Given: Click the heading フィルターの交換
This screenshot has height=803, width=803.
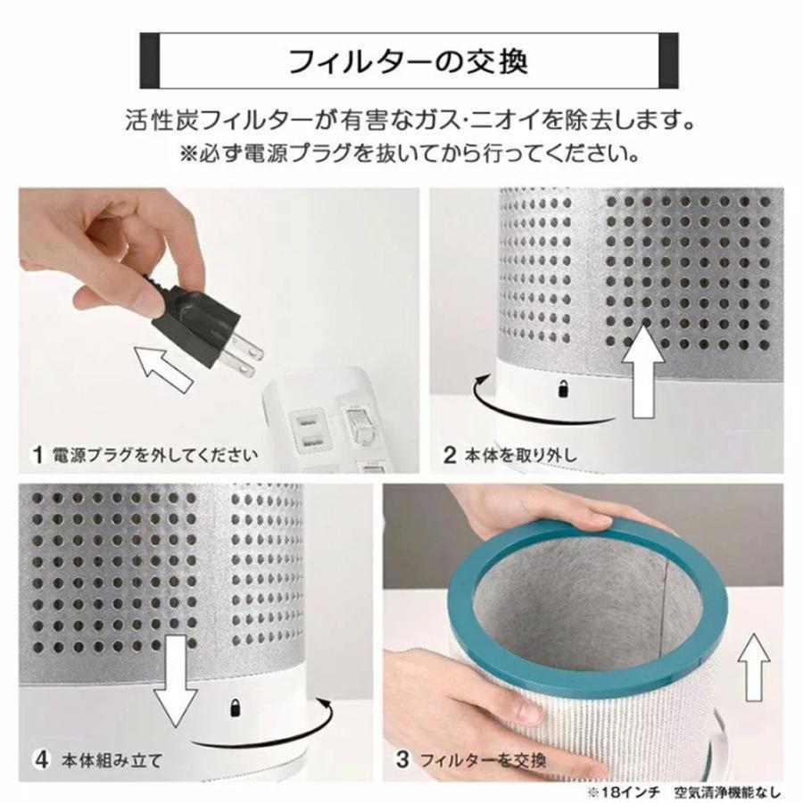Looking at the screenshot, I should click(x=409, y=62).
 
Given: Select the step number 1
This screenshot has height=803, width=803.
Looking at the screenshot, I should click(x=37, y=454).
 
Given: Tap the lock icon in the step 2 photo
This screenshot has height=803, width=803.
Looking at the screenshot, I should click(x=564, y=388).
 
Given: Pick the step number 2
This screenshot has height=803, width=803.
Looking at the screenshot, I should click(x=450, y=454).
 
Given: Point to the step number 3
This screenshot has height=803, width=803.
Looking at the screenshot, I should click(x=402, y=760).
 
